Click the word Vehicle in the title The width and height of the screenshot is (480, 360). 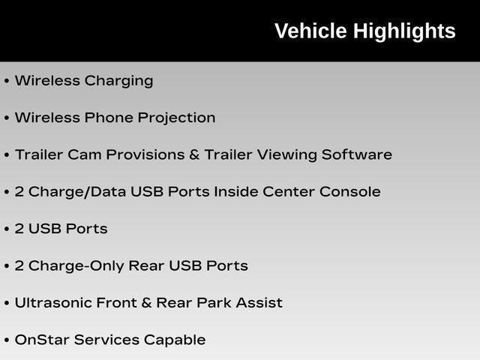coord(310,31)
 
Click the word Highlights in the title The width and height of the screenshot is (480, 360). coord(405,32)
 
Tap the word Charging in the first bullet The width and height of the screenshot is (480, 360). coord(118,82)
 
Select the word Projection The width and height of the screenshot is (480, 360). coord(176,118)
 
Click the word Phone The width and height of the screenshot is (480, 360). coord(109,118)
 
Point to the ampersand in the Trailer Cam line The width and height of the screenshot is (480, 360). coord(194,154)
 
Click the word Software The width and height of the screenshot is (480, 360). coord(357,154)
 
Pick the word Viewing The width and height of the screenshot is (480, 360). coord(286,155)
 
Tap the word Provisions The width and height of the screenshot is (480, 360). coord(145,154)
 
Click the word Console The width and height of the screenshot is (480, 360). coord(350,192)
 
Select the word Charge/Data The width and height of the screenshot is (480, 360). coord(77,193)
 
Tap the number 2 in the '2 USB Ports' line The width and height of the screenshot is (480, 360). coord(19,229)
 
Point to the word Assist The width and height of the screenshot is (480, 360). coord(259,303)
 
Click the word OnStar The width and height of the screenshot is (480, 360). coord(42,340)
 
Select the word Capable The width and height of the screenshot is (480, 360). coord(175,340)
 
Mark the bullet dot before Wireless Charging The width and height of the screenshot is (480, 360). coord(7,81)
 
